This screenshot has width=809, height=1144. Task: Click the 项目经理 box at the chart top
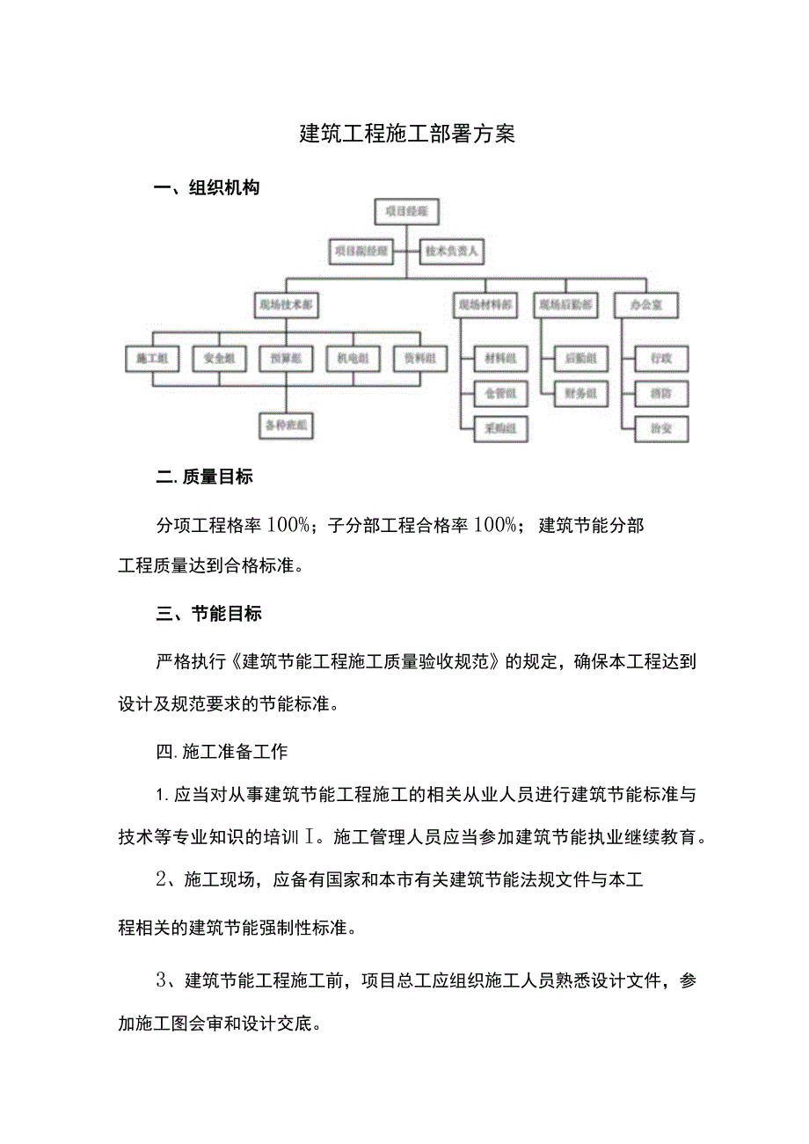point(405,213)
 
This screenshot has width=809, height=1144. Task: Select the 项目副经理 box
point(360,251)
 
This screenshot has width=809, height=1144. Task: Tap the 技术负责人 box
point(451,251)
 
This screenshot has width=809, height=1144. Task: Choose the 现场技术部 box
point(287,305)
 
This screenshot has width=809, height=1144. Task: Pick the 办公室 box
point(646,305)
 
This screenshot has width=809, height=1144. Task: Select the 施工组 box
point(152,359)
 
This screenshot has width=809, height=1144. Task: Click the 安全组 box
point(219,359)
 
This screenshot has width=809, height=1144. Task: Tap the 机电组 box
point(353,359)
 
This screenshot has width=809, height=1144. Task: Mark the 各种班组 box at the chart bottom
point(287,426)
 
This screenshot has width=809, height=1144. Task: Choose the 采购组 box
point(499,429)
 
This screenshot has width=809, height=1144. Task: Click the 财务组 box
point(581,393)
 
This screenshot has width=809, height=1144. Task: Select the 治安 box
point(661,429)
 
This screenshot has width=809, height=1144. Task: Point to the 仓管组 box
point(499,393)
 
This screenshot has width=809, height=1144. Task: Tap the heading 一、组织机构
point(207,187)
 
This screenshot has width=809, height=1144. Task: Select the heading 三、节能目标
point(209,614)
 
